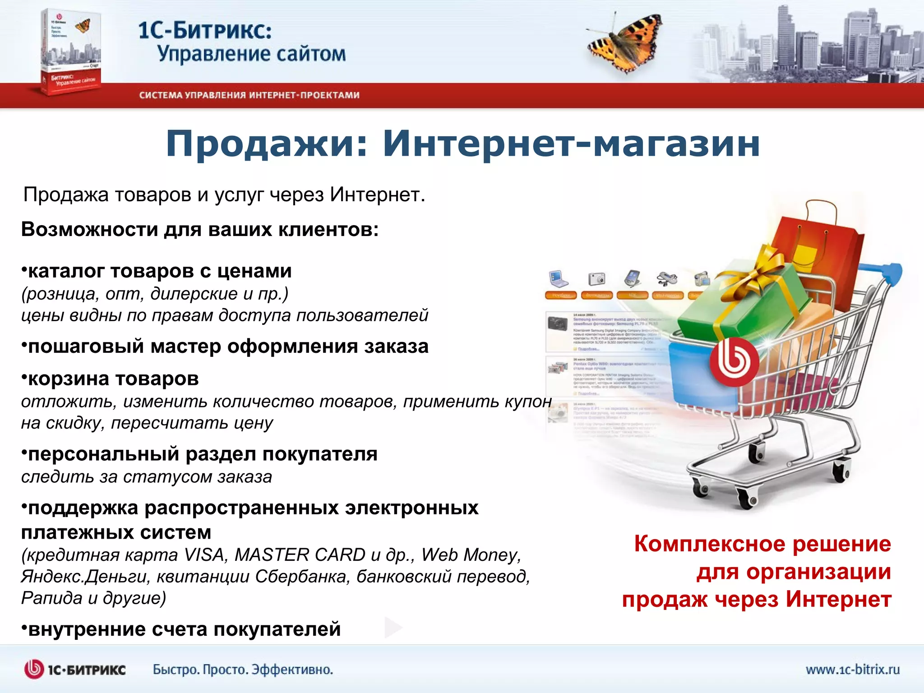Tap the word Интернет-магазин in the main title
pos(571,144)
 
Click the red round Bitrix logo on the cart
pos(733,361)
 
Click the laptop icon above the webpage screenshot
pos(559,279)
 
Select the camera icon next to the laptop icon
pos(596,279)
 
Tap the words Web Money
pos(471,555)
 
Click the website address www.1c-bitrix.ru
pos(853,669)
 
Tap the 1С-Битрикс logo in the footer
pos(75,669)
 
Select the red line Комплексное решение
pos(762,544)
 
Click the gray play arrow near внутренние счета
pos(393,627)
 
